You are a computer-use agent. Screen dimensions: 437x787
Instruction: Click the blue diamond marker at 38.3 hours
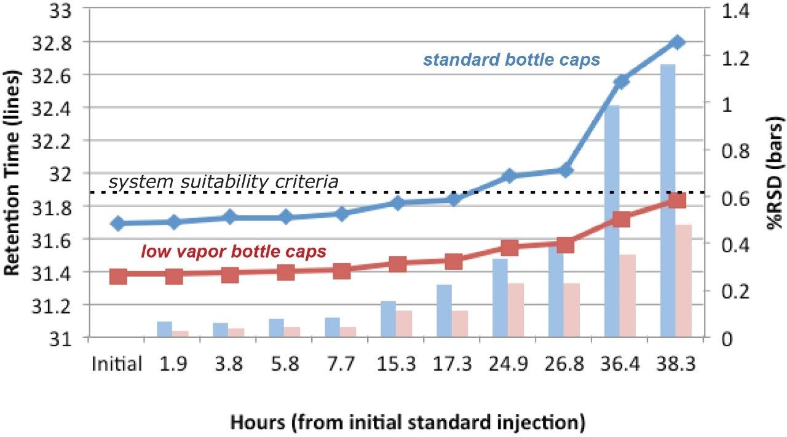(677, 42)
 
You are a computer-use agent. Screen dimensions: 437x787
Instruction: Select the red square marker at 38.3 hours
(677, 200)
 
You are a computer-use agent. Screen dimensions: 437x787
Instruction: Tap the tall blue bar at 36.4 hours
(612, 221)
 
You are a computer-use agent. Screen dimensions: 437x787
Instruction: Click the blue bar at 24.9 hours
(500, 298)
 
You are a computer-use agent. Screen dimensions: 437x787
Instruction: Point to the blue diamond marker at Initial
(118, 224)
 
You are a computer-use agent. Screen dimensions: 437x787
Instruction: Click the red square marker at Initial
(118, 277)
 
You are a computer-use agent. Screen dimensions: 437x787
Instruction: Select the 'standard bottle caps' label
(512, 60)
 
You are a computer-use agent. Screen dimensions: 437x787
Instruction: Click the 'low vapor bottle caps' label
(234, 251)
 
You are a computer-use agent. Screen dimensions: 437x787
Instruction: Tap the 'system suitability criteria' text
(223, 183)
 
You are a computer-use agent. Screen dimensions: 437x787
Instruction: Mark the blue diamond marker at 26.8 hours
(566, 171)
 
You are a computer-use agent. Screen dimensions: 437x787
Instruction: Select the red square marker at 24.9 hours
(510, 248)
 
